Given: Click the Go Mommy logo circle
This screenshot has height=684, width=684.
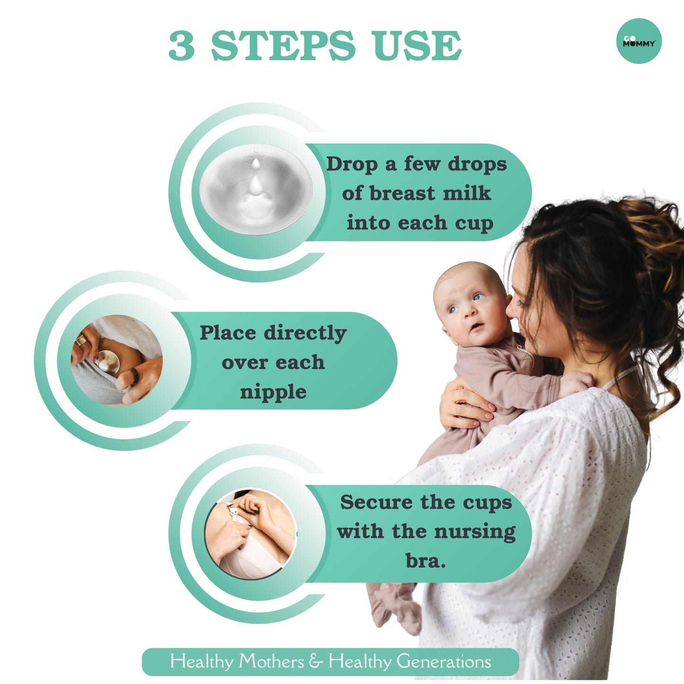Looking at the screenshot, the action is click(x=639, y=41).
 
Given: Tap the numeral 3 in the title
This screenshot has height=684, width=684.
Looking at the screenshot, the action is click(x=181, y=46).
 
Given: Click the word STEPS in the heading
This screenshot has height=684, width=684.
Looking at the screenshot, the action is click(x=283, y=46).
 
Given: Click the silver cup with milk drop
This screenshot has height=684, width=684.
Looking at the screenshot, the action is click(x=256, y=189).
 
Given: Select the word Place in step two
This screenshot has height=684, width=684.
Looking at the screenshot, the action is click(x=228, y=333).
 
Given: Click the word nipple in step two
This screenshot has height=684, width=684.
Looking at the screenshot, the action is click(x=273, y=392).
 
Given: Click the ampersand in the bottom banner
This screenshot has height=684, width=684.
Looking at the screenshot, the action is click(x=316, y=651).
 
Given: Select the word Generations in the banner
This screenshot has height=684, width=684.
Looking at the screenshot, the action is click(x=444, y=652).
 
